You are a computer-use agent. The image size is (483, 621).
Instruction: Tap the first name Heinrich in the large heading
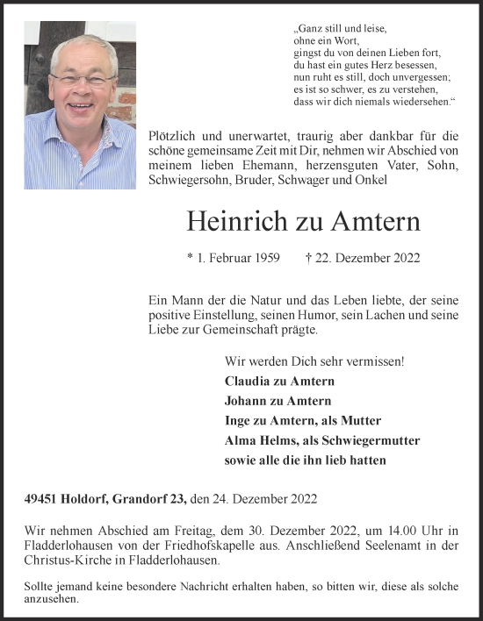[x=228, y=223]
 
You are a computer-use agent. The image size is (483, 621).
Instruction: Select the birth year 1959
[x=265, y=258]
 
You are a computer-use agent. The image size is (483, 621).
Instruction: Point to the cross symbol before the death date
[x=308, y=258]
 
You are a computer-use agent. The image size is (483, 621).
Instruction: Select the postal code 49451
[x=42, y=499]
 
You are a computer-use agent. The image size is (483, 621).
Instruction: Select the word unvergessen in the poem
[x=411, y=77]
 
